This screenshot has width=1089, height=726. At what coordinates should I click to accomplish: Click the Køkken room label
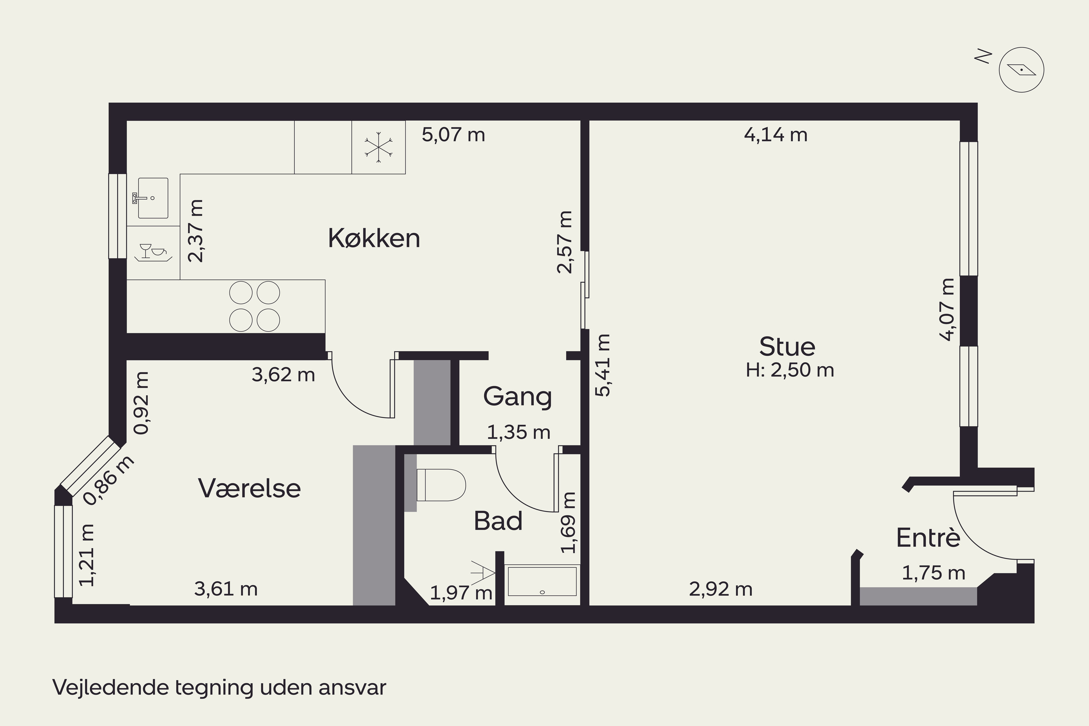tap(374, 238)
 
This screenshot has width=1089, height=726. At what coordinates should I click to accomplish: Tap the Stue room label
tap(787, 346)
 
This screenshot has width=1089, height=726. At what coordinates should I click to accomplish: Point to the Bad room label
tap(498, 521)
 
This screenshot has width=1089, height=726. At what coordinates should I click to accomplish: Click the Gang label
tap(518, 397)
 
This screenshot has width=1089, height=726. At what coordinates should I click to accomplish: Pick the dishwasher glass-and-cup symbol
tap(152, 252)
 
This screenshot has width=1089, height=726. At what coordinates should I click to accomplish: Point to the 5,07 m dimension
tap(453, 135)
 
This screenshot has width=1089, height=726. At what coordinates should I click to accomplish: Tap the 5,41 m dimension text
tap(603, 365)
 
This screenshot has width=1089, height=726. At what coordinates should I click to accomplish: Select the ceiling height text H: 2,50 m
tap(790, 370)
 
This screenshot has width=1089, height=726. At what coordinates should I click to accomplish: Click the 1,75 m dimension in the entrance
tap(933, 573)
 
